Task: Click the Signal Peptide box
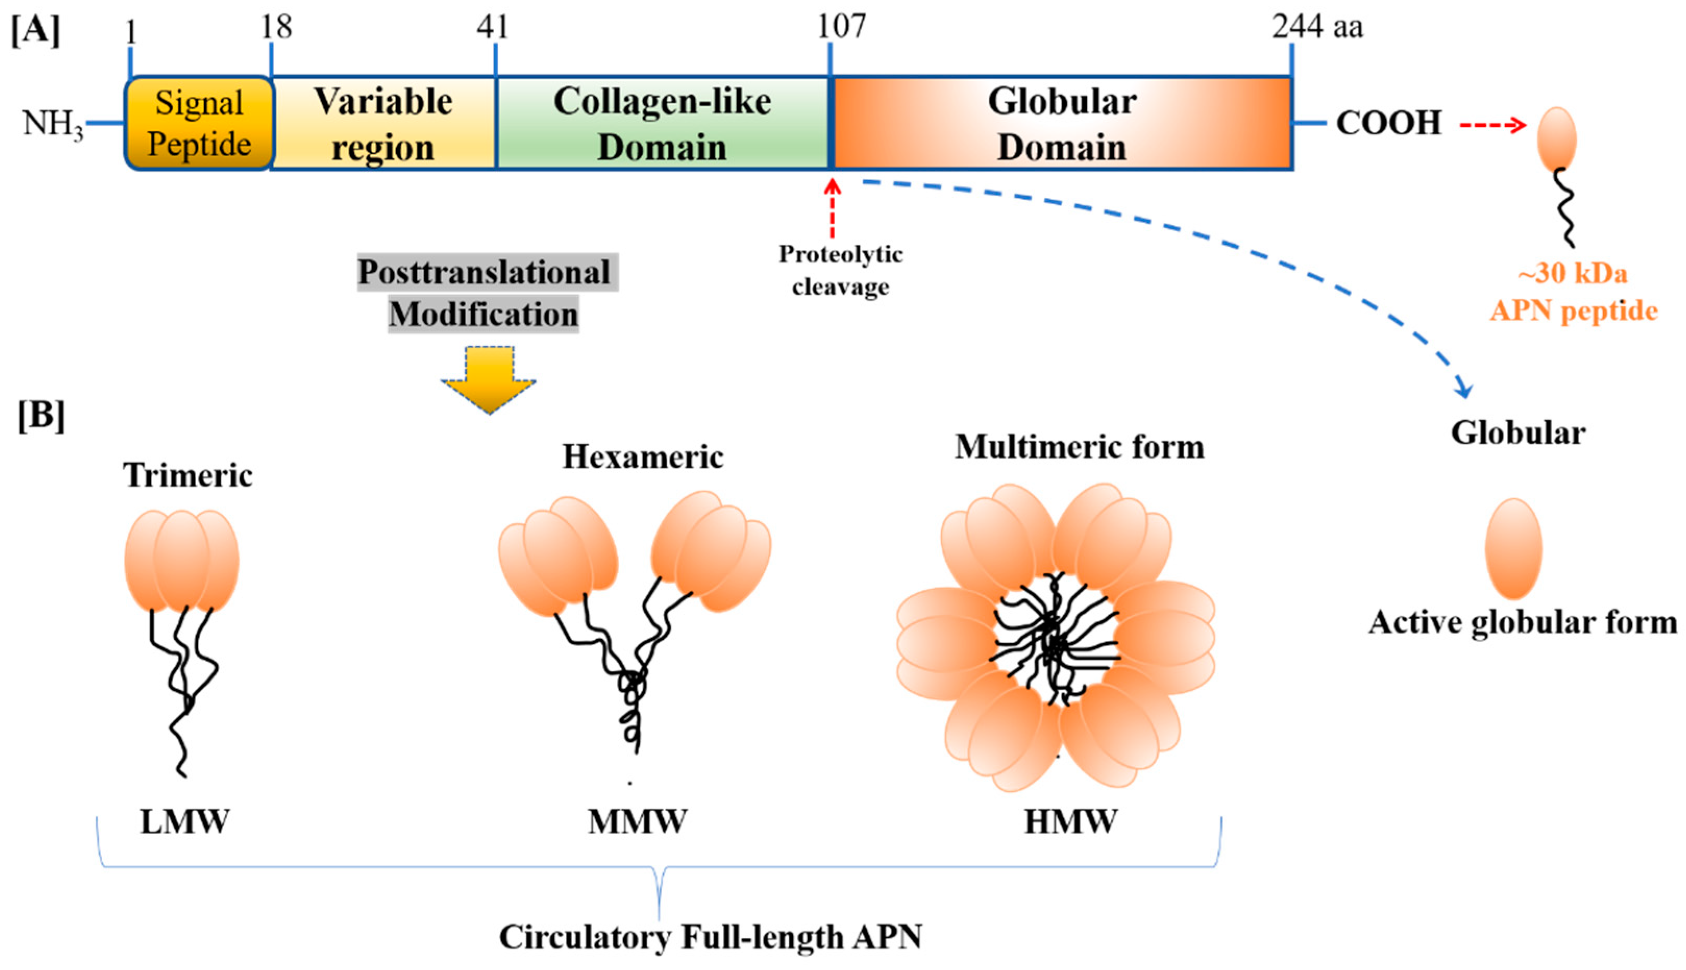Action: coord(199,123)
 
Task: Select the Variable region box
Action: coord(383,123)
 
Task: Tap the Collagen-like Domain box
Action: coord(662,123)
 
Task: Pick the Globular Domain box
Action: coord(1061,123)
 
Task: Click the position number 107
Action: coord(841,27)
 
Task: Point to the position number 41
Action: coord(493,27)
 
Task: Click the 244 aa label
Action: coord(1317,27)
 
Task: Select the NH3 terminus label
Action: coord(53,124)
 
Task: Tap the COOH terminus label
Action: coord(1389,124)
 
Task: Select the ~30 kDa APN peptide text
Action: coord(1573,292)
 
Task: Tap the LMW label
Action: coord(184,822)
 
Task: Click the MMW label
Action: coord(637,822)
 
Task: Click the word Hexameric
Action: coord(642,457)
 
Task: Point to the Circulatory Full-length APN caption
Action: coord(710,937)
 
